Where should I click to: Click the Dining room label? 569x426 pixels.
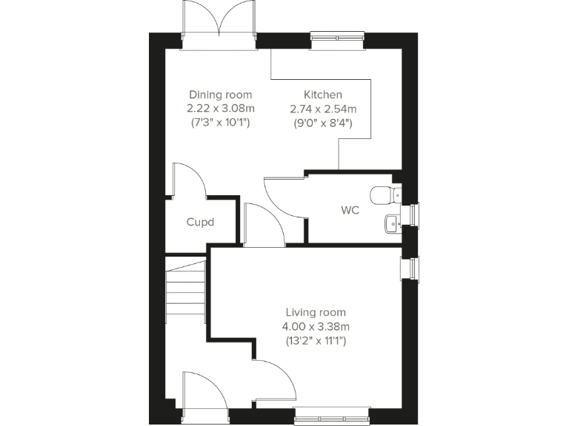(x=220, y=95)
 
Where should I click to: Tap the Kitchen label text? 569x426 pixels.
(x=322, y=95)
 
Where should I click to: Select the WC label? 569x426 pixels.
(x=350, y=211)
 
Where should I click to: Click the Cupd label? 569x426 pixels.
(x=200, y=222)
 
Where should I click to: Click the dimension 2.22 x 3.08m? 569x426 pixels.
(x=220, y=109)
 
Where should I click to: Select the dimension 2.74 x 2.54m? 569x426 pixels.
(x=322, y=109)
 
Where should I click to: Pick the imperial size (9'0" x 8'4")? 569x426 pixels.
(x=322, y=123)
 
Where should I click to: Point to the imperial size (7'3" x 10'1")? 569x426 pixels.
(x=220, y=123)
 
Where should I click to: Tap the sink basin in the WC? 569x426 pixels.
(x=392, y=221)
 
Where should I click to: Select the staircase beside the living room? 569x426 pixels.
(x=185, y=291)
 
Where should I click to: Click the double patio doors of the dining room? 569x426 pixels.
(x=219, y=22)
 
